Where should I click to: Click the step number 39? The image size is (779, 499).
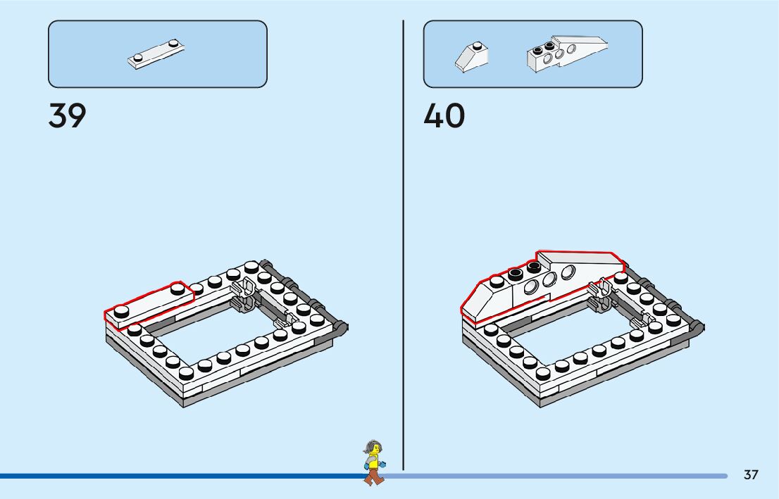coord(67,116)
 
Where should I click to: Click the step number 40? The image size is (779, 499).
coord(444,116)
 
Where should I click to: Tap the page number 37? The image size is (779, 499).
coord(751,475)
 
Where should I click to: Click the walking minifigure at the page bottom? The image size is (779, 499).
coord(373,462)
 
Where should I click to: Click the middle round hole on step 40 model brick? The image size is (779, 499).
coord(550,279)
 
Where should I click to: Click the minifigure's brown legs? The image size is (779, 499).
coord(374,476)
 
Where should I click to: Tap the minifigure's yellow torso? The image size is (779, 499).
coord(374,462)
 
